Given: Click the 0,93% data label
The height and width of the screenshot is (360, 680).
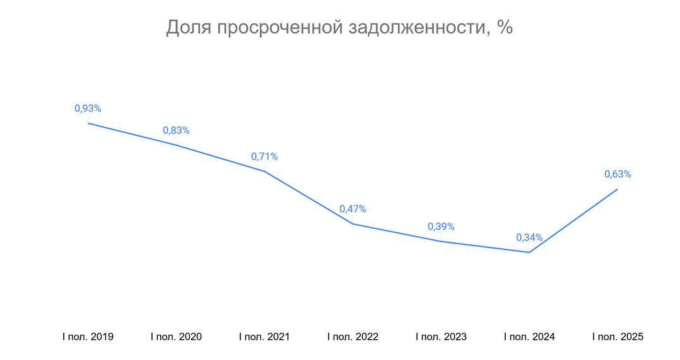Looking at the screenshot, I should click(x=87, y=109).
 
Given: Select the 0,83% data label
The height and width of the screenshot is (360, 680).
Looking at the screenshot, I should click(x=176, y=131).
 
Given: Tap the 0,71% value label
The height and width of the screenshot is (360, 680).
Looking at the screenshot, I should click(x=264, y=157).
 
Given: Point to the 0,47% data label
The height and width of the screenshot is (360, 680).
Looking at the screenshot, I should click(x=353, y=209).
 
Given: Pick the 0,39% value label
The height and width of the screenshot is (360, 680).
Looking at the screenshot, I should click(x=441, y=227).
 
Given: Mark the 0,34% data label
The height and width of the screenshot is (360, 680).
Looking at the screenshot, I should click(x=529, y=238).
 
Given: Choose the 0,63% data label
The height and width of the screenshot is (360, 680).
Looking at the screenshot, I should click(x=617, y=175).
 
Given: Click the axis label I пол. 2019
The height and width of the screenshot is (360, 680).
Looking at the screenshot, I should click(x=87, y=337).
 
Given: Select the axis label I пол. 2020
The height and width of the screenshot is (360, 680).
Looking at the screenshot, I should click(x=176, y=337).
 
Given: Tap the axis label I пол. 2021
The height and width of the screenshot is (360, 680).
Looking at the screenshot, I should click(x=264, y=337).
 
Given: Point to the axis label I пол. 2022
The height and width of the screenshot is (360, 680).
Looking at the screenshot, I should click(x=353, y=337).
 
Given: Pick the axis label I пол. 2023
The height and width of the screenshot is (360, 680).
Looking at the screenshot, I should click(x=441, y=337).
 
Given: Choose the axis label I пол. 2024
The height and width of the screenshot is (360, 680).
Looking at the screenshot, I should click(x=529, y=337).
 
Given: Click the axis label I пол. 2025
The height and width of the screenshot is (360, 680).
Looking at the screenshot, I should click(x=617, y=337).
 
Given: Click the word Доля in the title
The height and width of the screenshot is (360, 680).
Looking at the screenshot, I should click(x=189, y=28).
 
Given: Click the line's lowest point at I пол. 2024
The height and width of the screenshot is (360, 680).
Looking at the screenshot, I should click(x=529, y=252).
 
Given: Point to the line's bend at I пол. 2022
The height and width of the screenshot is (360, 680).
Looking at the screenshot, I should click(x=353, y=223).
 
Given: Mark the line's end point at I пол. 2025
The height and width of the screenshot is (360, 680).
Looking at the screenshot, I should click(x=617, y=189).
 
